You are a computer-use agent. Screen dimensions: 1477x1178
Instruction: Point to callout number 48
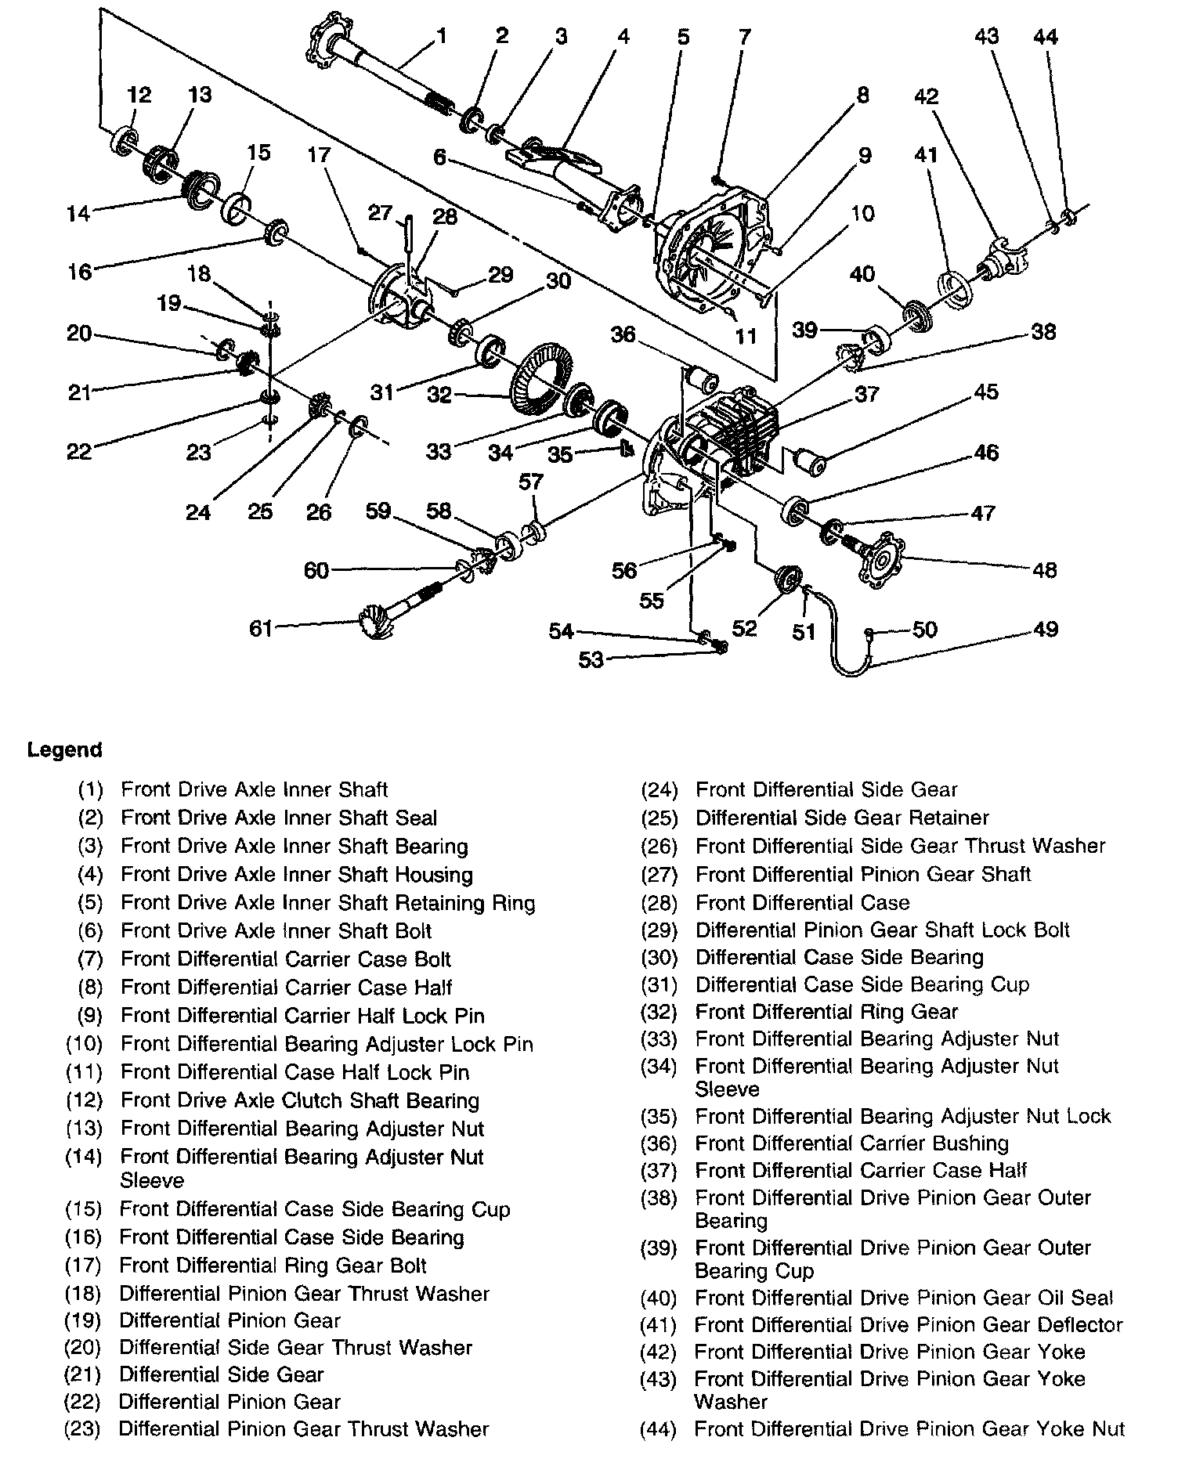pyautogui.click(x=1045, y=569)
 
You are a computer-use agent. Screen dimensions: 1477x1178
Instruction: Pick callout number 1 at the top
pyautogui.click(x=441, y=35)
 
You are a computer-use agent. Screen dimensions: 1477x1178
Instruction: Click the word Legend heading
pyautogui.click(x=65, y=749)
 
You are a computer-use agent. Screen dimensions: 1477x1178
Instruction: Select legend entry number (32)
pyautogui.click(x=659, y=1012)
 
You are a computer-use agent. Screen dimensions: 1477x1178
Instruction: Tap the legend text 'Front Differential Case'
pyautogui.click(x=802, y=902)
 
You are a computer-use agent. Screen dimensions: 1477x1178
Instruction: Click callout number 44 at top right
pyautogui.click(x=1046, y=36)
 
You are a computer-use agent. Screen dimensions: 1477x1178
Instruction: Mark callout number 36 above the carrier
pyautogui.click(x=623, y=334)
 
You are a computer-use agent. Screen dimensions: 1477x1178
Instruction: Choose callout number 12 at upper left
pyautogui.click(x=139, y=95)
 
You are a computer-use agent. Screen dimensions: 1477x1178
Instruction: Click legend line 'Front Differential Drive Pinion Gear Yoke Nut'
pyautogui.click(x=909, y=1429)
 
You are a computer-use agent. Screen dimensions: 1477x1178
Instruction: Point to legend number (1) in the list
pyautogui.click(x=91, y=789)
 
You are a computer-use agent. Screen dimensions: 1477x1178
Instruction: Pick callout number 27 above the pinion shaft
pyautogui.click(x=381, y=212)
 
